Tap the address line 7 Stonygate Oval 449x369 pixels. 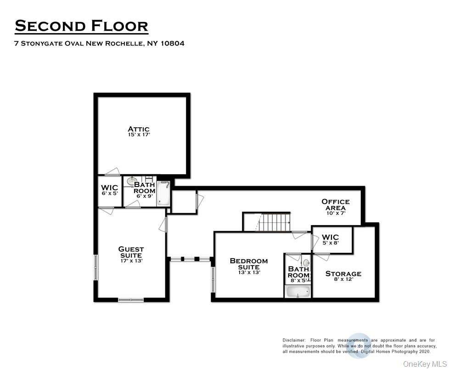point(100,44)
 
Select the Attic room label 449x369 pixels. point(139,129)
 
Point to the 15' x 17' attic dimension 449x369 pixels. point(139,136)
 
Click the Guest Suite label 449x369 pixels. point(131,252)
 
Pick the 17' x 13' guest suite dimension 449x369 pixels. point(131,261)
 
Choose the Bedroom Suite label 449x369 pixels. point(248,264)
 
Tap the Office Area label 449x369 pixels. point(335,204)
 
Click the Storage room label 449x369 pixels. point(343,273)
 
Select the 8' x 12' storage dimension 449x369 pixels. point(343,279)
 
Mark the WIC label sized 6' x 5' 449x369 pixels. point(109,188)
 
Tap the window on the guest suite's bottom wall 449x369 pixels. point(131,300)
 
